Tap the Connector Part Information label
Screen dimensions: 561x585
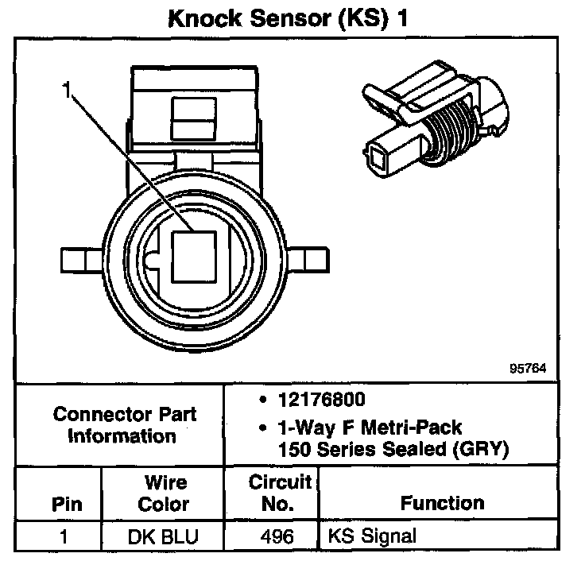124,425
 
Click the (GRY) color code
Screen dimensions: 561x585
476,449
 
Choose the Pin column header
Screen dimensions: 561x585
66,503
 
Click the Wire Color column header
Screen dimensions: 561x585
165,493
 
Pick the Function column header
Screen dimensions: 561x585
442,503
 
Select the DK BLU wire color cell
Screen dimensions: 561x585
164,536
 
